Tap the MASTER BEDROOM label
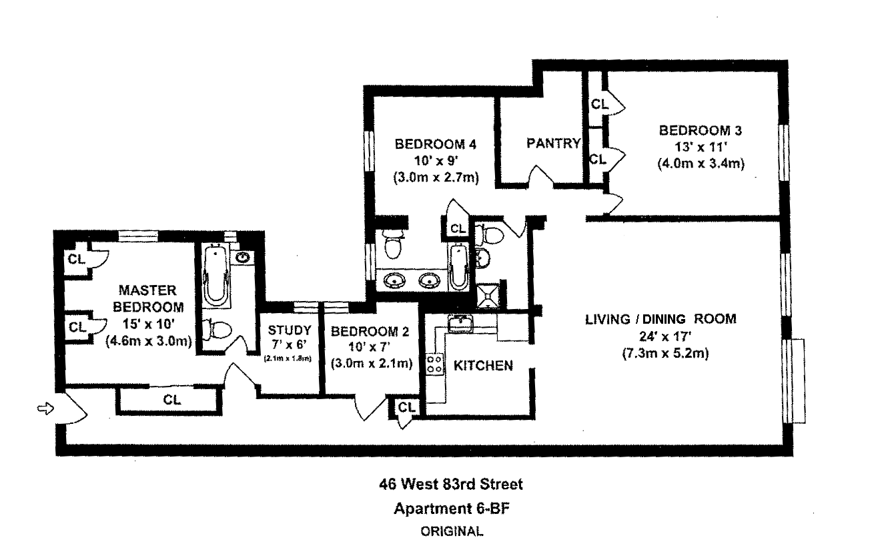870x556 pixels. tap(148, 299)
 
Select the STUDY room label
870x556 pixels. tap(290, 330)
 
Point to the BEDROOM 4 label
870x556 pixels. tap(435, 144)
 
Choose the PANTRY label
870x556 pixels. tap(552, 143)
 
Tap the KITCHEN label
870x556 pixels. tap(483, 366)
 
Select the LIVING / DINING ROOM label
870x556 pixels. tap(661, 319)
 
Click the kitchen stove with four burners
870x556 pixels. tap(435, 364)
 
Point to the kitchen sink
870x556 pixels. tap(461, 324)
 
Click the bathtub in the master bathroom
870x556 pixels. tap(215, 276)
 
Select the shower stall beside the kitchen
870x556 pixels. tap(488, 294)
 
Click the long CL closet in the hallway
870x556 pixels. tap(171, 400)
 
